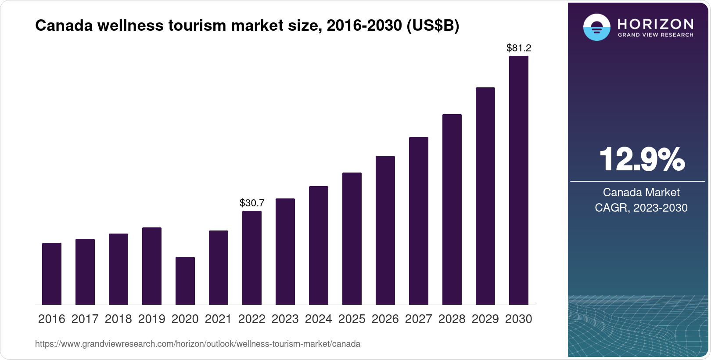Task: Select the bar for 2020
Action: tap(185, 281)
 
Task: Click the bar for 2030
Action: tap(519, 180)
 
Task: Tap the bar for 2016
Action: tap(52, 274)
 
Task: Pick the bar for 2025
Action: tap(352, 238)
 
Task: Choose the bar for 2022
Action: tap(252, 258)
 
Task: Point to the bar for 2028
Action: tap(452, 209)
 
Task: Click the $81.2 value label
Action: tap(519, 48)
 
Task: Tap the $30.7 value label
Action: tap(252, 203)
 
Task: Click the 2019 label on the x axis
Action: tap(152, 319)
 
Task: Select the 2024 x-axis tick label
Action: tap(319, 319)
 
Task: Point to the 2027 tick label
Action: tap(419, 319)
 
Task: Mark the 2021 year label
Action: tap(219, 319)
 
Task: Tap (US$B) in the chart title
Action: tap(433, 26)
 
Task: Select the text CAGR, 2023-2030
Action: tap(641, 208)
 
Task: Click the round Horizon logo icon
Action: tap(596, 27)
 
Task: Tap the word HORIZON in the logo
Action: tap(656, 24)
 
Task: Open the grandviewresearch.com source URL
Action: tap(197, 344)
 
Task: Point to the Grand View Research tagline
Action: tap(656, 35)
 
